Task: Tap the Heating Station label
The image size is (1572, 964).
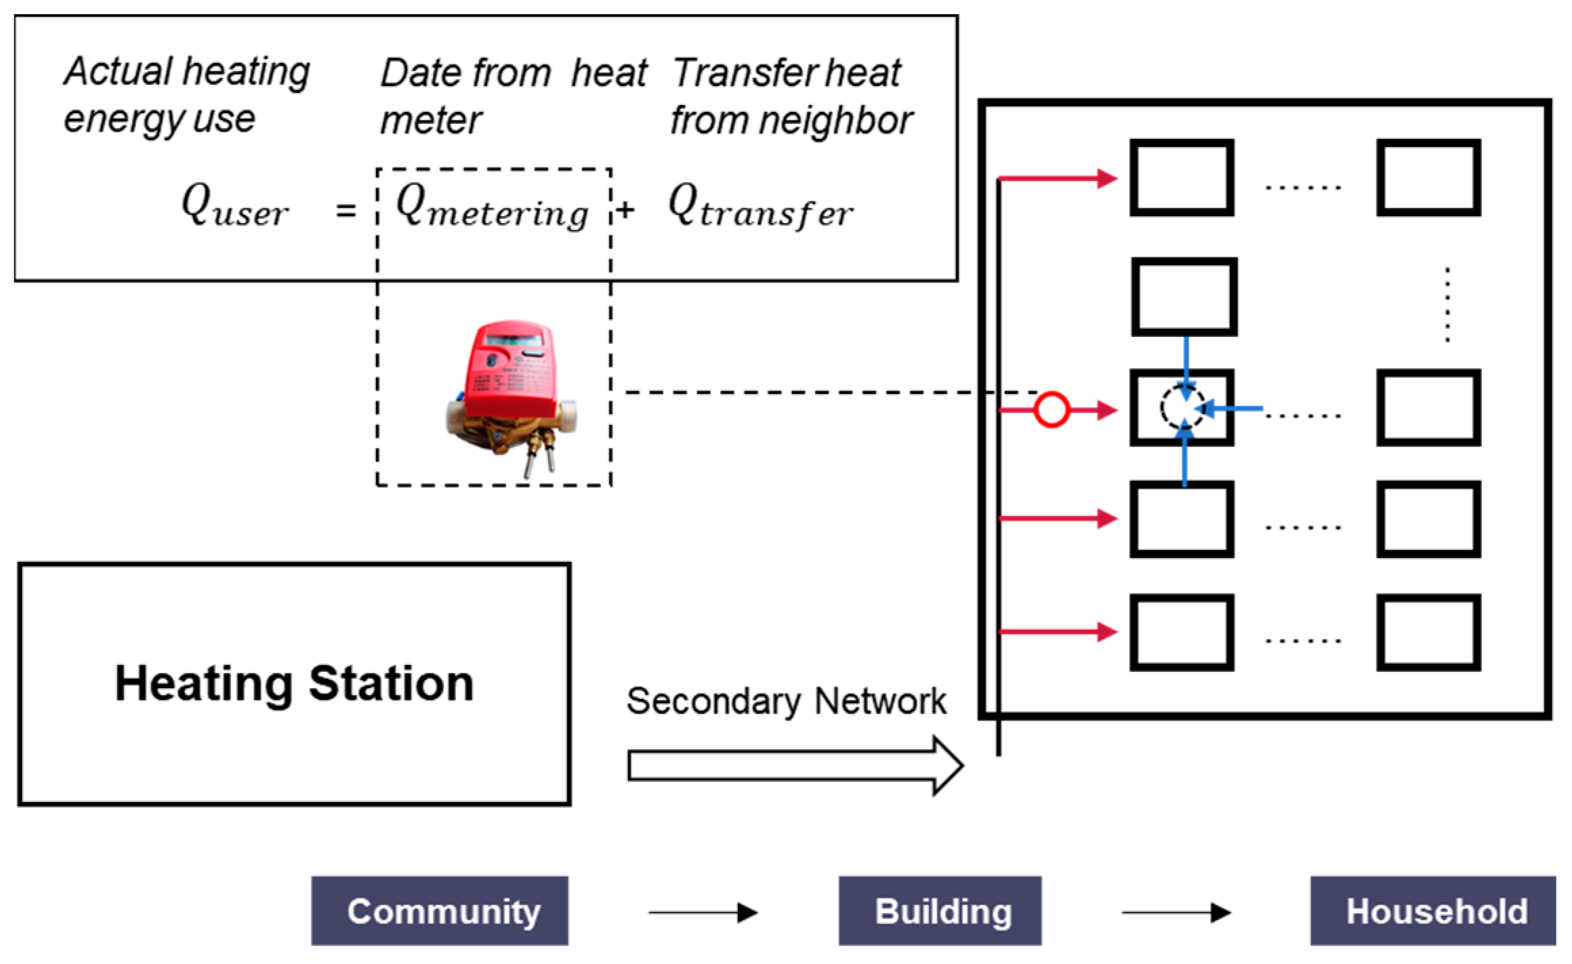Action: pyautogui.click(x=294, y=683)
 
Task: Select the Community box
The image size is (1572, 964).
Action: pyautogui.click(x=440, y=910)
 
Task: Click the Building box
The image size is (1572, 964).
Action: pyautogui.click(x=940, y=910)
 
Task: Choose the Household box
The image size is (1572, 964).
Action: pyautogui.click(x=1432, y=910)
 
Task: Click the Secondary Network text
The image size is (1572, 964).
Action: pyautogui.click(x=786, y=701)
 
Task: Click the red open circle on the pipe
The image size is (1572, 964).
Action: pyautogui.click(x=1052, y=409)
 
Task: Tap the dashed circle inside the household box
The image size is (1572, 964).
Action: pyautogui.click(x=1182, y=407)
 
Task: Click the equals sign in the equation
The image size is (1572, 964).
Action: pyautogui.click(x=346, y=211)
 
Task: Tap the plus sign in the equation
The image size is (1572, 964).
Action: pyautogui.click(x=625, y=210)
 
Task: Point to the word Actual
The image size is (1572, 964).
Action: pyautogui.click(x=119, y=71)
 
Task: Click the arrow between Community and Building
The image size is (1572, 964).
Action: pyautogui.click(x=702, y=912)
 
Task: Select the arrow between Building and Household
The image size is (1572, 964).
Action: pyautogui.click(x=1176, y=912)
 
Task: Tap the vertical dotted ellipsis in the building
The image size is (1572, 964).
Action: pyautogui.click(x=1447, y=304)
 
